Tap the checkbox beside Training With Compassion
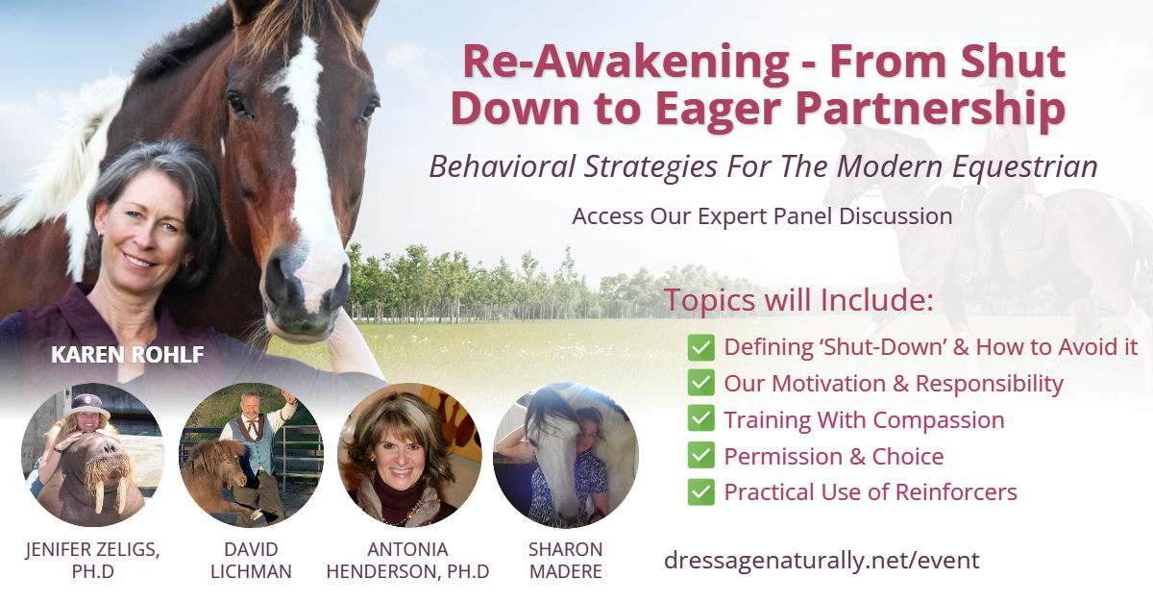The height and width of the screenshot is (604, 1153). point(701,420)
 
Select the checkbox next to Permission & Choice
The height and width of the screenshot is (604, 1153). point(701,456)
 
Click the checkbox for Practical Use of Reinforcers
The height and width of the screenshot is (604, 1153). point(701,492)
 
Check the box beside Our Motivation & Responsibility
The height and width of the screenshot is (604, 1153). point(701,384)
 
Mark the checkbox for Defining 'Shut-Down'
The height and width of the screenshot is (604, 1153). point(701,347)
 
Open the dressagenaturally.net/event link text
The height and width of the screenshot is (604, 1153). point(822,560)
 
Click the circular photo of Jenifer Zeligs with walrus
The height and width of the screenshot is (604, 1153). point(93,455)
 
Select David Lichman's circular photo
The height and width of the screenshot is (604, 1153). point(251,455)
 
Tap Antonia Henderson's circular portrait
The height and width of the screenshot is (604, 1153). point(408,455)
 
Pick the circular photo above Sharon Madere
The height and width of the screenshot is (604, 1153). point(565,455)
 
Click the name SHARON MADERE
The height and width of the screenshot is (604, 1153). point(565,560)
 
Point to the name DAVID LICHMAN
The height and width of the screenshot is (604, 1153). point(251,560)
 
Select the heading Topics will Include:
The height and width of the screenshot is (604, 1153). point(798,299)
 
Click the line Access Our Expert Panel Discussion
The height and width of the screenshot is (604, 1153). point(762,215)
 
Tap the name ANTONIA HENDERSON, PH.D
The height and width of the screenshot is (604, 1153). point(408,560)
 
